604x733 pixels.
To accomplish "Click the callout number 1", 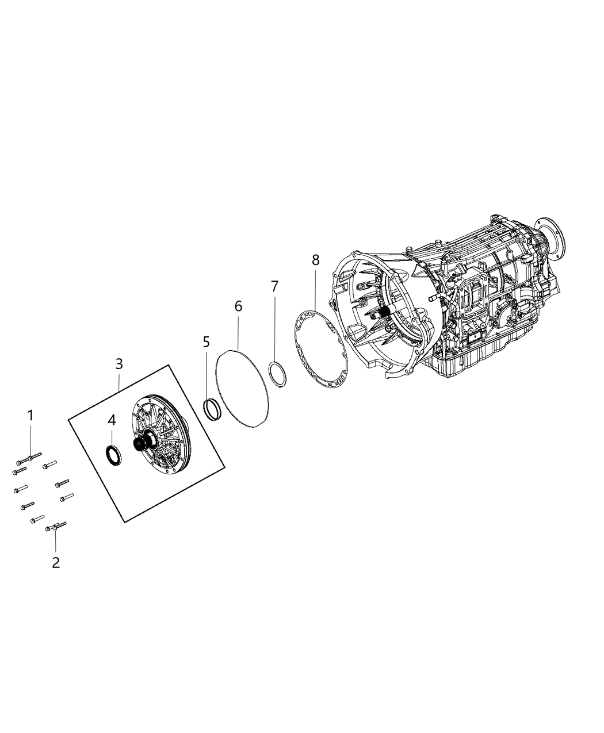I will tap(31, 415).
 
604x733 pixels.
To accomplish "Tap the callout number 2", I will tap(56, 563).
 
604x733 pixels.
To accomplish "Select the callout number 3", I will tap(119, 364).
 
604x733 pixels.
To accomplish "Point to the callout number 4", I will tap(112, 420).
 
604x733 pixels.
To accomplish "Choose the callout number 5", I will tap(207, 342).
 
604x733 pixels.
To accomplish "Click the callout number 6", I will tap(238, 306).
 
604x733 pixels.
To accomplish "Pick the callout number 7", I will tap(274, 286).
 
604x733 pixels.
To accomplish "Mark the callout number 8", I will tap(315, 259).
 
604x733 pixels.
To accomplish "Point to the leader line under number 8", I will tap(315, 287).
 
